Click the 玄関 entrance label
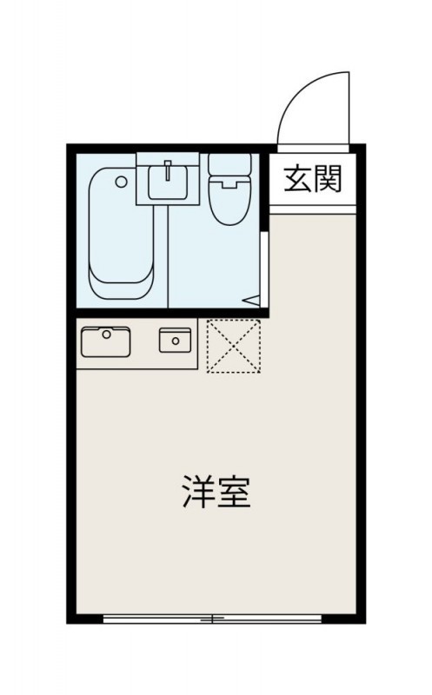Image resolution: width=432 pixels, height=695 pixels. [x=313, y=179]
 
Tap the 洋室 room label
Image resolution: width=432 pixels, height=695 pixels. [x=216, y=492]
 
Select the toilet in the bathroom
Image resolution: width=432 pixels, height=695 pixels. [x=229, y=189]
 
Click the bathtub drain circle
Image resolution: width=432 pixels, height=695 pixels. [x=121, y=182]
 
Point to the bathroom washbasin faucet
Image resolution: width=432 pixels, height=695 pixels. [x=168, y=170]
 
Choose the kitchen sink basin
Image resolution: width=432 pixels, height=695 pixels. [x=106, y=341]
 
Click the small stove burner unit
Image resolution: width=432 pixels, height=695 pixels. [x=176, y=341]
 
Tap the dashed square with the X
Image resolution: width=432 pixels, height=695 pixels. [x=233, y=346]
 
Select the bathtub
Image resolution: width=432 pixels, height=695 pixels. [x=122, y=233]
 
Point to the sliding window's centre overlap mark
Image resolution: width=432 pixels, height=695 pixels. [x=212, y=619]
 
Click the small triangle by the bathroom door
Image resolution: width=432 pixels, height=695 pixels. [x=253, y=301]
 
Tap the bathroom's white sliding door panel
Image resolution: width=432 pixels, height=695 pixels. [x=264, y=269]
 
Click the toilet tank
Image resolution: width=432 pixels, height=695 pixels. [x=229, y=165]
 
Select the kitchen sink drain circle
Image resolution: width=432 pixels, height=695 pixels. [x=106, y=334]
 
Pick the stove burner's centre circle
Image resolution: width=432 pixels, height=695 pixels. [x=176, y=341]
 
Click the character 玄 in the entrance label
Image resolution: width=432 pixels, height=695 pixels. [x=297, y=179]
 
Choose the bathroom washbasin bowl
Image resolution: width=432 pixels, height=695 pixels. [x=168, y=181]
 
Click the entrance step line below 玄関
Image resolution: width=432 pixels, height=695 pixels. [x=312, y=209]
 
